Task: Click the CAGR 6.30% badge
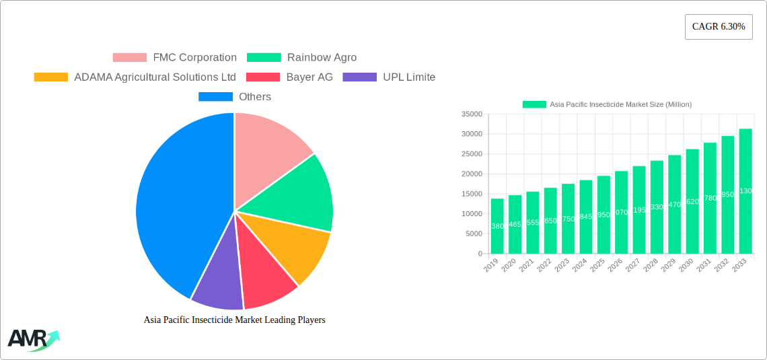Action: click(x=718, y=27)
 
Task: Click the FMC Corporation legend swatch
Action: click(x=129, y=58)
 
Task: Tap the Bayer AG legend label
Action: click(x=309, y=77)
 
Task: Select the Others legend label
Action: click(x=255, y=97)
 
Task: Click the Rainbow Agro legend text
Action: click(x=322, y=58)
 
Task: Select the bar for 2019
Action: click(x=497, y=226)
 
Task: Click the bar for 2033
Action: click(x=745, y=191)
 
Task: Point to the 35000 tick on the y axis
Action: click(x=472, y=114)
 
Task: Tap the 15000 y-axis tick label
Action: click(x=472, y=194)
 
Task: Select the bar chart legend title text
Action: click(x=620, y=104)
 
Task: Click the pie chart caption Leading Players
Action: click(x=234, y=320)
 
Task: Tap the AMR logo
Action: click(x=33, y=340)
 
